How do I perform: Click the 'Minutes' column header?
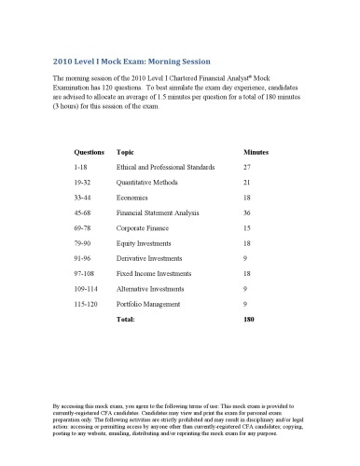(256, 150)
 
